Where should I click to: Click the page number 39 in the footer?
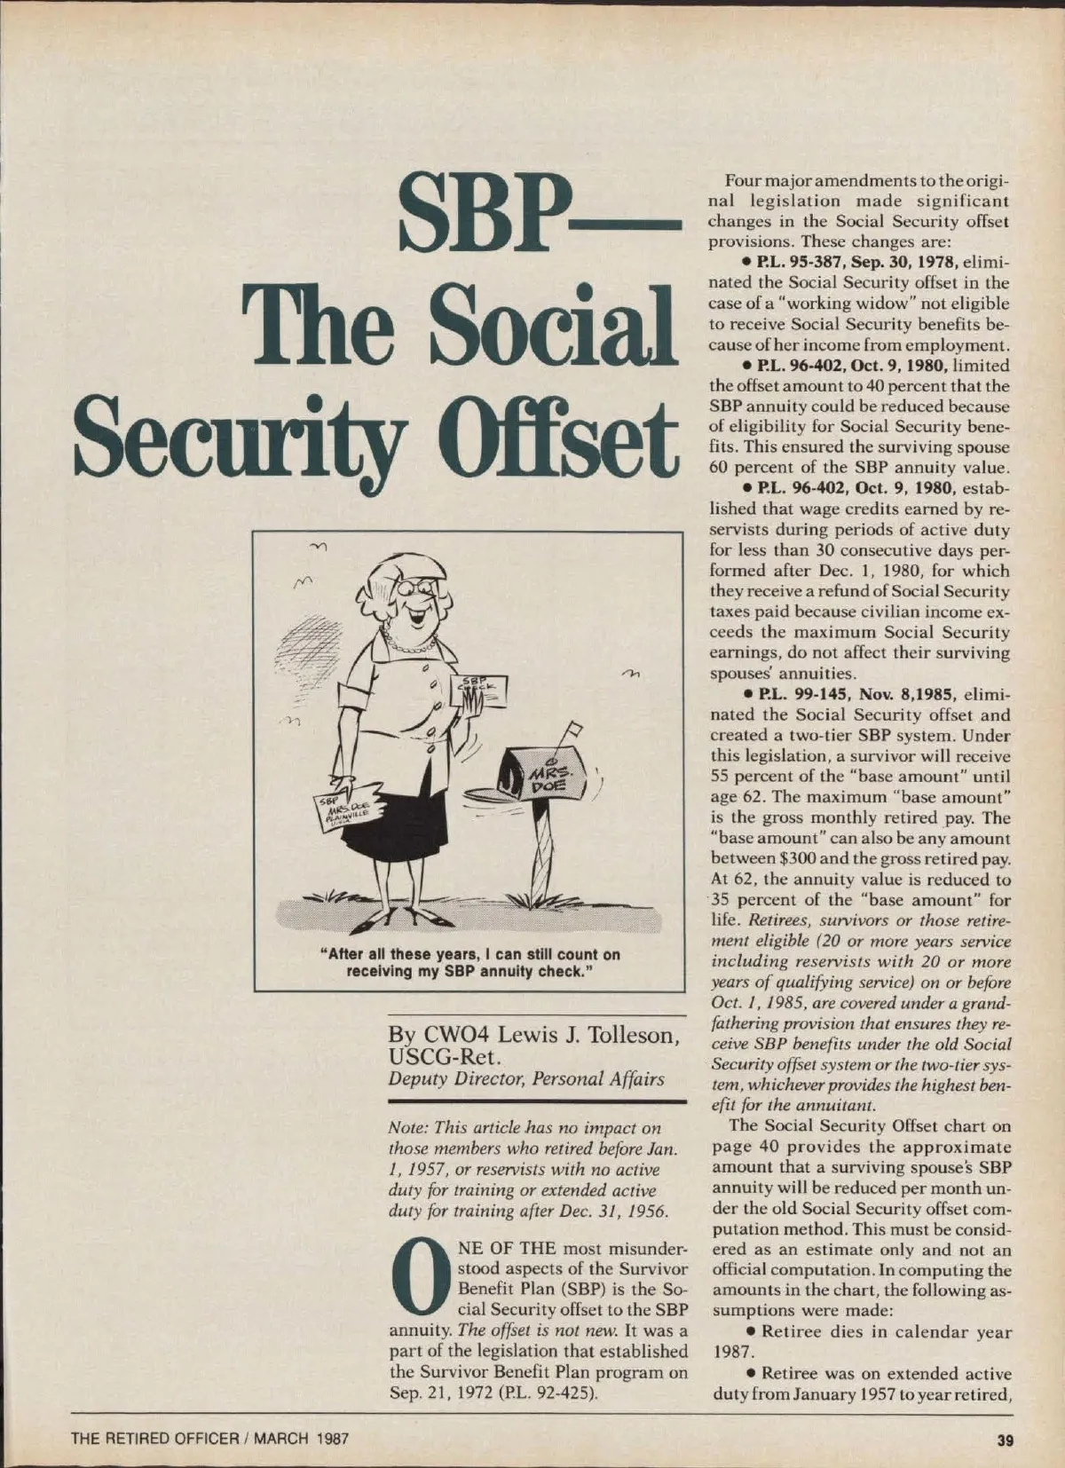(x=1004, y=1440)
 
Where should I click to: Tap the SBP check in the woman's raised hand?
(x=481, y=689)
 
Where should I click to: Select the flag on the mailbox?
(x=572, y=732)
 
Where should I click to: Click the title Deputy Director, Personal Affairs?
(x=526, y=1078)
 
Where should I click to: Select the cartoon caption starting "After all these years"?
(x=469, y=962)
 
